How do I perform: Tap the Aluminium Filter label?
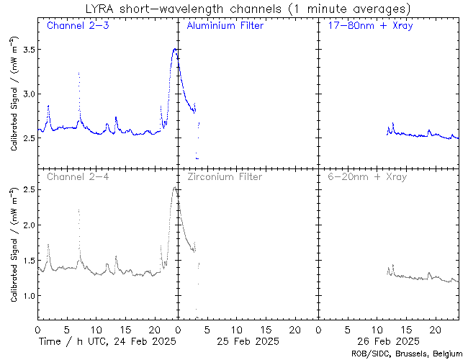point(225,26)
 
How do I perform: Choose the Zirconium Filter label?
point(225,176)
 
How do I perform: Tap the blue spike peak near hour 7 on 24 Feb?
point(79,73)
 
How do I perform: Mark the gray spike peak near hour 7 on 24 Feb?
point(79,210)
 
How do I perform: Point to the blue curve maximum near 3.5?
point(174,49)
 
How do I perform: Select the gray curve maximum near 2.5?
point(174,188)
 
